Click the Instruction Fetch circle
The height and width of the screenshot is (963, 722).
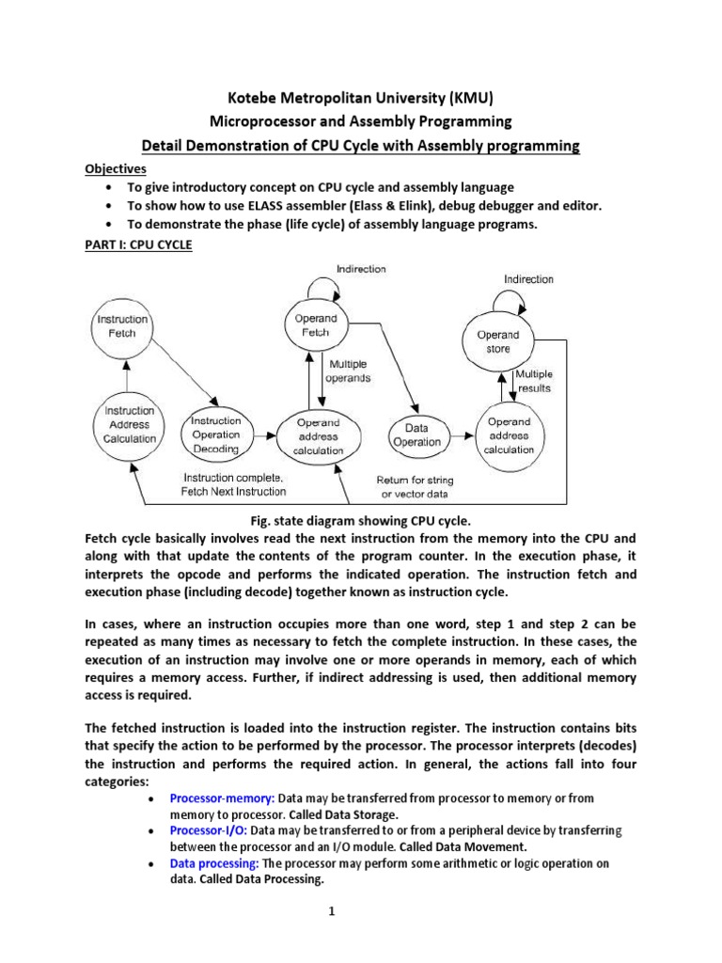tap(122, 325)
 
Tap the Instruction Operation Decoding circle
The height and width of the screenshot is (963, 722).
tap(216, 434)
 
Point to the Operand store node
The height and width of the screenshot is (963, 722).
tap(497, 341)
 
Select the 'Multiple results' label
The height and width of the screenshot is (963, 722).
tap(533, 381)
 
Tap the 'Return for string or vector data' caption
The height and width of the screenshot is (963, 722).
tap(413, 487)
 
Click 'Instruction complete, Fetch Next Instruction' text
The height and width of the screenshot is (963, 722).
tap(233, 485)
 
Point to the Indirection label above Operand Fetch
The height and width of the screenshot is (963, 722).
tap(361, 269)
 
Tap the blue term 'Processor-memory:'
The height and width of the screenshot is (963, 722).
tap(210, 798)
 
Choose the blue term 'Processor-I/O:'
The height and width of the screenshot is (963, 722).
tap(208, 831)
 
